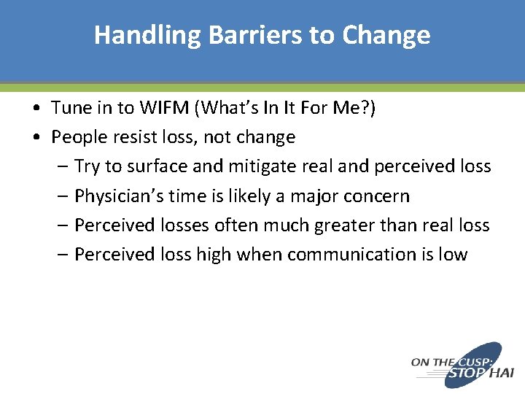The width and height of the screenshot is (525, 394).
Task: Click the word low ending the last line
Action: pyautogui.click(x=452, y=254)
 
